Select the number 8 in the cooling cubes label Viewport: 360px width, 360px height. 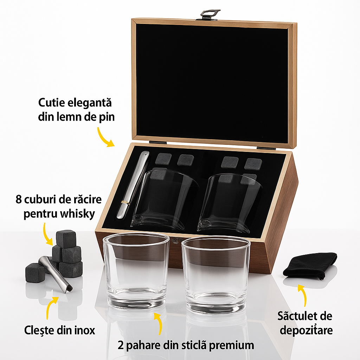19,200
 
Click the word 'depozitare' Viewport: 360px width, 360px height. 305,330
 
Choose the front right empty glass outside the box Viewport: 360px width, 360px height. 216,274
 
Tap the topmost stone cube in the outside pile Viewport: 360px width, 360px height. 66,239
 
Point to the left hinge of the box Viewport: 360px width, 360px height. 157,142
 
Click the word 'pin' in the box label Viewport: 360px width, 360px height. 106,117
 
